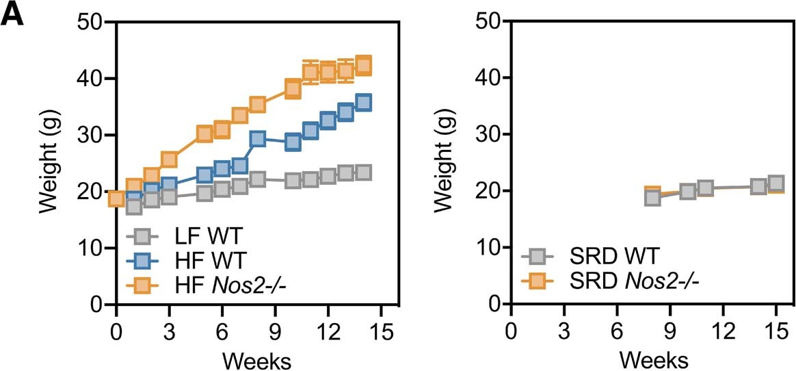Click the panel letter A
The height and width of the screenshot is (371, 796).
pos(14,16)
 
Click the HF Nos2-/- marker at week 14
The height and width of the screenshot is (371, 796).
pos(364,65)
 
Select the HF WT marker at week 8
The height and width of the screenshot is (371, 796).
pos(258,139)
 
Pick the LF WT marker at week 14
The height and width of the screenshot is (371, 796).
pos(364,172)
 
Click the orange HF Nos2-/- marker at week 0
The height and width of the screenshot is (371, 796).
pos(116,199)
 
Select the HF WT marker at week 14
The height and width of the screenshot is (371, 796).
pos(364,103)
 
